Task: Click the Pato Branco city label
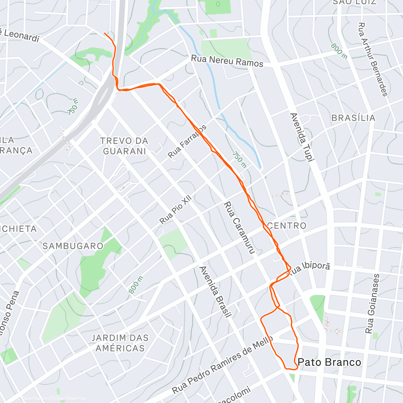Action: (x=329, y=362)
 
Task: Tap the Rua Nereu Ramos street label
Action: (x=227, y=61)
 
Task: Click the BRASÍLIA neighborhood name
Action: (x=353, y=118)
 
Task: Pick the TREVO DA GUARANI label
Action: (x=124, y=146)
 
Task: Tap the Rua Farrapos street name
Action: (x=187, y=142)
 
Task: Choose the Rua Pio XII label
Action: (x=175, y=210)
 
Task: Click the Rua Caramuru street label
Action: (x=239, y=227)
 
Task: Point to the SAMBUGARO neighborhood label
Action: (x=73, y=246)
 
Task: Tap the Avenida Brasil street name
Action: (x=215, y=292)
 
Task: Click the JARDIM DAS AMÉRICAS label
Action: (x=120, y=343)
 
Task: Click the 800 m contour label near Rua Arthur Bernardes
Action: (x=339, y=51)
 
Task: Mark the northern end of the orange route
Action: (x=105, y=33)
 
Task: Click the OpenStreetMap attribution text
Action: (x=71, y=399)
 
